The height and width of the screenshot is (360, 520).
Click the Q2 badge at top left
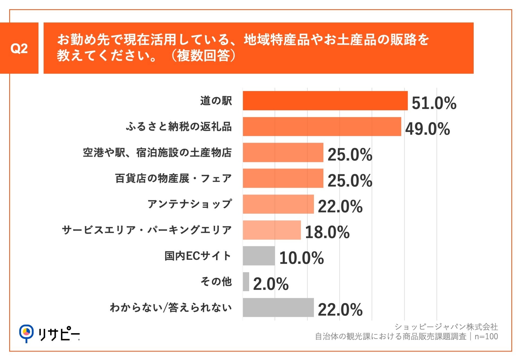click(x=19, y=48)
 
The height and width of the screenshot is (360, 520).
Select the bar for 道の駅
click(x=325, y=101)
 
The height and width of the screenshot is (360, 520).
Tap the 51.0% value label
click(x=434, y=103)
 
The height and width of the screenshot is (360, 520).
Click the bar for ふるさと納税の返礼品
click(x=322, y=127)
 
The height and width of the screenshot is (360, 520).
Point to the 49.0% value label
click(x=427, y=129)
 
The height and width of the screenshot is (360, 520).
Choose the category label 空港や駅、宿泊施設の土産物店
click(x=157, y=153)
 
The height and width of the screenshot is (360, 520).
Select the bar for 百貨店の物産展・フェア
click(x=283, y=178)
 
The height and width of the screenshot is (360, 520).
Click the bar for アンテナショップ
click(x=278, y=204)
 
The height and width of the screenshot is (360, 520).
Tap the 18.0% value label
click(x=327, y=232)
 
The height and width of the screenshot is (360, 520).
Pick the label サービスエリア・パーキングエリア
click(x=147, y=230)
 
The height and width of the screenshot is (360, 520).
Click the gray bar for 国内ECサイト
click(x=259, y=256)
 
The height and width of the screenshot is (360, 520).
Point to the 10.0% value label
click(x=301, y=258)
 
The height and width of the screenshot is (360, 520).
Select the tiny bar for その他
click(x=246, y=282)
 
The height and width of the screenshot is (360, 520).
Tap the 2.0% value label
click(x=271, y=284)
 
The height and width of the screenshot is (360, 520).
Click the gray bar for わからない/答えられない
click(x=278, y=307)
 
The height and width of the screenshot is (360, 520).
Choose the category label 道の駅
click(x=216, y=101)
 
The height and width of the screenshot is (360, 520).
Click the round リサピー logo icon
click(x=26, y=332)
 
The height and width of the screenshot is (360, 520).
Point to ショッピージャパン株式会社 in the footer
click(x=446, y=327)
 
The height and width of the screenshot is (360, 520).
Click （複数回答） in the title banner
click(x=203, y=56)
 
